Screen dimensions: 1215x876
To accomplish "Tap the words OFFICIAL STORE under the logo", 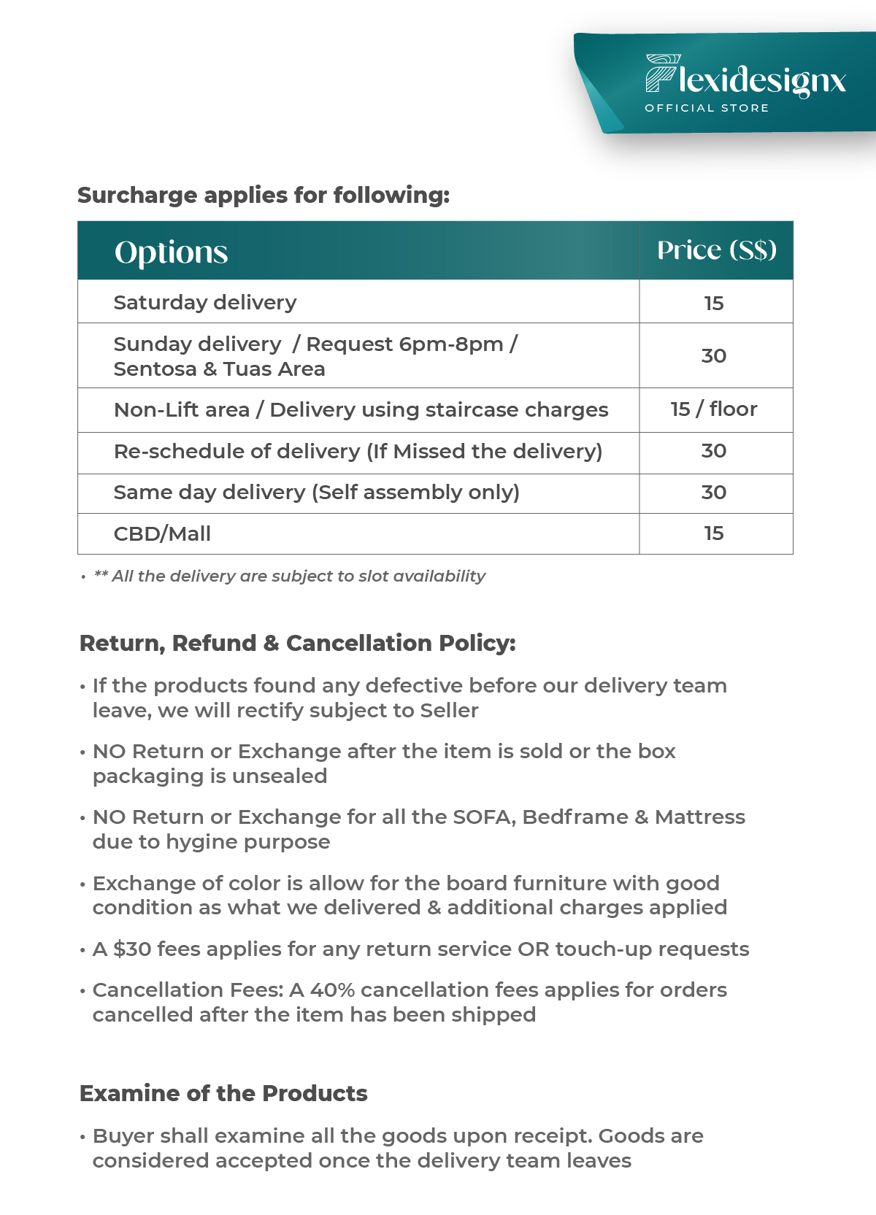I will click(707, 108).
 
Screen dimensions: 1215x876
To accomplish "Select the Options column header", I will click(171, 252).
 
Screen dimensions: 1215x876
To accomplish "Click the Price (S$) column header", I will click(716, 250).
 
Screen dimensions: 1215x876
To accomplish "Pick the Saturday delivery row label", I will click(205, 303).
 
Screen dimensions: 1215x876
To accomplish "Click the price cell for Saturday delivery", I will click(714, 303).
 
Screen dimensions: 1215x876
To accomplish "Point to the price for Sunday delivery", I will click(714, 356).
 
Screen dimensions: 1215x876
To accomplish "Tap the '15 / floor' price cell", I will click(714, 409).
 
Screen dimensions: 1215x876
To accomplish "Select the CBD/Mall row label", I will click(162, 534).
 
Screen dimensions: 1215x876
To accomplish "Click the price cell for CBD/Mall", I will click(714, 533).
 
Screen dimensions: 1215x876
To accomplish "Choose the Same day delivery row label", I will click(316, 493).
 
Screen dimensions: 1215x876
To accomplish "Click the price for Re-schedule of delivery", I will click(714, 451).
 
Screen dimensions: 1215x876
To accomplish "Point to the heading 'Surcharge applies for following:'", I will click(264, 196).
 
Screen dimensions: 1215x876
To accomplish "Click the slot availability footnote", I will click(290, 576).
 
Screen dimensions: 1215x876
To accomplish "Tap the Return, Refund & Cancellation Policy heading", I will click(297, 643).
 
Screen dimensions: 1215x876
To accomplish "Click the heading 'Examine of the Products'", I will click(223, 1093).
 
